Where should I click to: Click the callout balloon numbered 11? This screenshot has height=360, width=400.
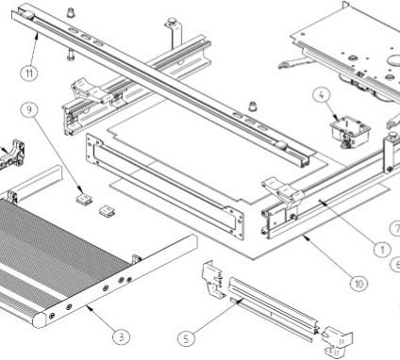click(29, 74)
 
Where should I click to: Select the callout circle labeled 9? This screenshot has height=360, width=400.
click(29, 109)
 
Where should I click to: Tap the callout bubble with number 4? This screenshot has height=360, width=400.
click(321, 95)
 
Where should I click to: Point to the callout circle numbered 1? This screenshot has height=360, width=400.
click(382, 250)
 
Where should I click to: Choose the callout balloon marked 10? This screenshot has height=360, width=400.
click(358, 284)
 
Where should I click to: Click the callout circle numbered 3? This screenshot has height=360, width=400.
click(122, 337)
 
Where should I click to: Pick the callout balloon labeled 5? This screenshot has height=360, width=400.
click(186, 338)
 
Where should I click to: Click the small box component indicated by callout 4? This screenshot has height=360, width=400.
click(349, 131)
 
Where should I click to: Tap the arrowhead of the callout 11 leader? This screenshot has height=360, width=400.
click(38, 35)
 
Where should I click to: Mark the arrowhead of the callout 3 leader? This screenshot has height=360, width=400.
click(89, 307)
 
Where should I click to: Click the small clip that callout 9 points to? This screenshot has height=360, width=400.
click(85, 199)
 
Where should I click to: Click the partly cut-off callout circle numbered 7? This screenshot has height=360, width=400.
click(395, 229)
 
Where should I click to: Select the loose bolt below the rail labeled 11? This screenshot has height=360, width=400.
click(70, 56)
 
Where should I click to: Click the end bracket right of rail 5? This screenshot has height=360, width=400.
click(337, 342)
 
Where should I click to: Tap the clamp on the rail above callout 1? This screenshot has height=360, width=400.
click(283, 191)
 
